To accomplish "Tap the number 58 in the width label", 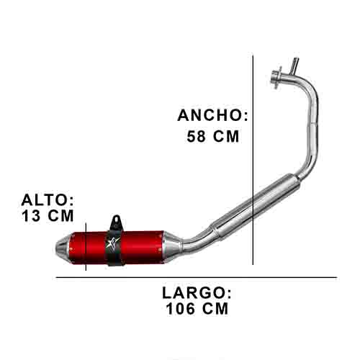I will tap(195, 135).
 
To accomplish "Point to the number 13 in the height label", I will tap(32, 215).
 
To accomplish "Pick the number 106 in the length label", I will tap(181, 309).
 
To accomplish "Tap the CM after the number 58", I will tap(225, 135).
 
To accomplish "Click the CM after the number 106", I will tap(215, 309).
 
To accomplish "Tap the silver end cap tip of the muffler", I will tap(65, 246).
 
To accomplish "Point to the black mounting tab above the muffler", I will tap(115, 221).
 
